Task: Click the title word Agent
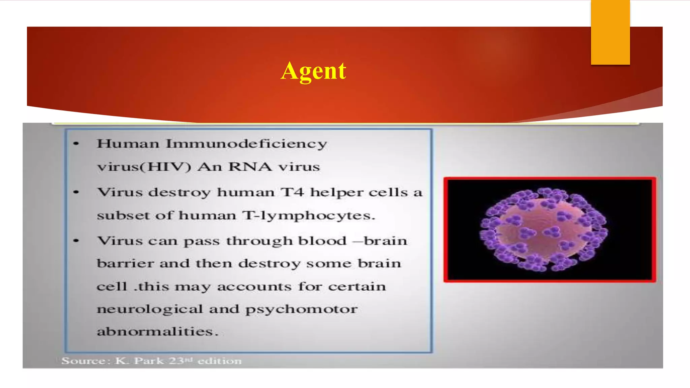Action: pos(313,71)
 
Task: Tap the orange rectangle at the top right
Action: pos(610,32)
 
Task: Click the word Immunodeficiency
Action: pos(246,144)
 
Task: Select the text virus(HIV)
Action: pos(144,167)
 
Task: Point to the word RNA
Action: pos(250,167)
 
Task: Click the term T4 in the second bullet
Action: pos(292,192)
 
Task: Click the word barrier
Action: pos(125,263)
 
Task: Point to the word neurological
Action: pos(150,309)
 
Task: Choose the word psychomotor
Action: pos(301,309)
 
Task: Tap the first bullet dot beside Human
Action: pos(76,144)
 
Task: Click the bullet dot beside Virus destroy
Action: pos(76,192)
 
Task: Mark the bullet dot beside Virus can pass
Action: pos(76,241)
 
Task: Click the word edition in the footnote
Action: pos(219,361)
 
